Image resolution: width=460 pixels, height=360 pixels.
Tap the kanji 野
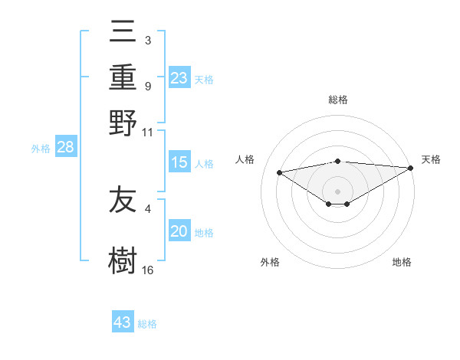[123, 122]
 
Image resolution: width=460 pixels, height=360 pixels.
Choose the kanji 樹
[123, 260]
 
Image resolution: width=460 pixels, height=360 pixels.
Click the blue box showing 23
[179, 77]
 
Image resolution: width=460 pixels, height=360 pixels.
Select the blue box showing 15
[179, 162]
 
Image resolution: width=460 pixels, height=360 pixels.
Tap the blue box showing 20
[179, 232]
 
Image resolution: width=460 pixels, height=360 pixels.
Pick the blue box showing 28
[65, 148]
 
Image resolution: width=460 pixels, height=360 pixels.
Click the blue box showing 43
[123, 322]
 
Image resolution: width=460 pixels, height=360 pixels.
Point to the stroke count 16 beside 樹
[148, 270]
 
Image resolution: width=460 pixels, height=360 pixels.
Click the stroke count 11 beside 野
[148, 132]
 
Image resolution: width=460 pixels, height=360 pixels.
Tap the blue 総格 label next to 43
[147, 324]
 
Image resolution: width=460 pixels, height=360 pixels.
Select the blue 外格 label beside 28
[41, 149]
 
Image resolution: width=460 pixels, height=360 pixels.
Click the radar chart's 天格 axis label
[431, 159]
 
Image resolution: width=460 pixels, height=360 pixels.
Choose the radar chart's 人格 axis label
[245, 159]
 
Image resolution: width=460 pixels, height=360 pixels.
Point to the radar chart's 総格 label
[338, 100]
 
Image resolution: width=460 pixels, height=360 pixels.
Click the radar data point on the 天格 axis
[412, 168]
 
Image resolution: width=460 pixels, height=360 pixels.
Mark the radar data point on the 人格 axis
[279, 172]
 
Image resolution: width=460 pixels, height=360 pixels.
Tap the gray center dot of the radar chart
[338, 191]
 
